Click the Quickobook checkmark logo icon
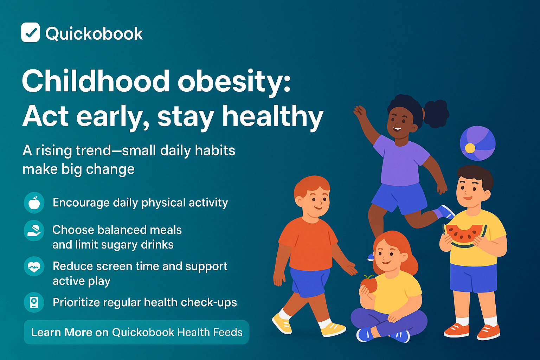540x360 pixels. (30, 32)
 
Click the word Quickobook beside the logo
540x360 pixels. (94, 34)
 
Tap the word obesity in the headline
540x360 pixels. (234, 82)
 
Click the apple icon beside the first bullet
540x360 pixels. (34, 203)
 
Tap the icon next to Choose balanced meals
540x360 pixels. (34, 231)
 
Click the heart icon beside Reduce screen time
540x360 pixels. (34, 266)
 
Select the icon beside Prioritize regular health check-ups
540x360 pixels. (34, 302)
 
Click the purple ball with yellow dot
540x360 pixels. (477, 143)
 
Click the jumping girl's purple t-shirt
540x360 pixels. (401, 162)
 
